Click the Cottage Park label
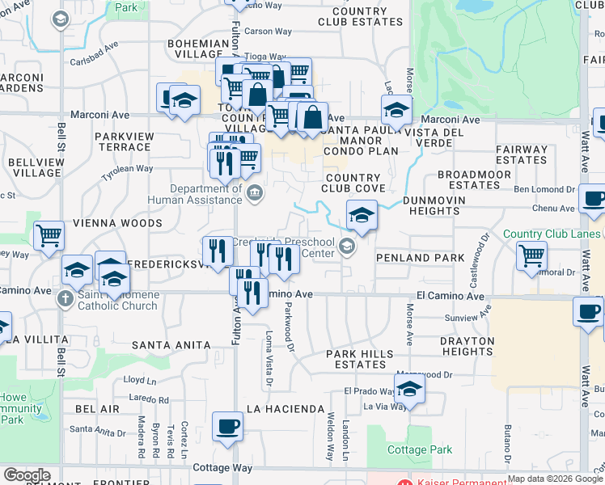(418, 449)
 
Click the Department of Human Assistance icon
(255, 192)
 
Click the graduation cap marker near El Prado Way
(409, 392)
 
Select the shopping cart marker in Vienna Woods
(49, 236)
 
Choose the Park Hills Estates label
(359, 359)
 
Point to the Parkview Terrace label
(123, 141)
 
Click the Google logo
(27, 475)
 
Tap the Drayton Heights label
(467, 346)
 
